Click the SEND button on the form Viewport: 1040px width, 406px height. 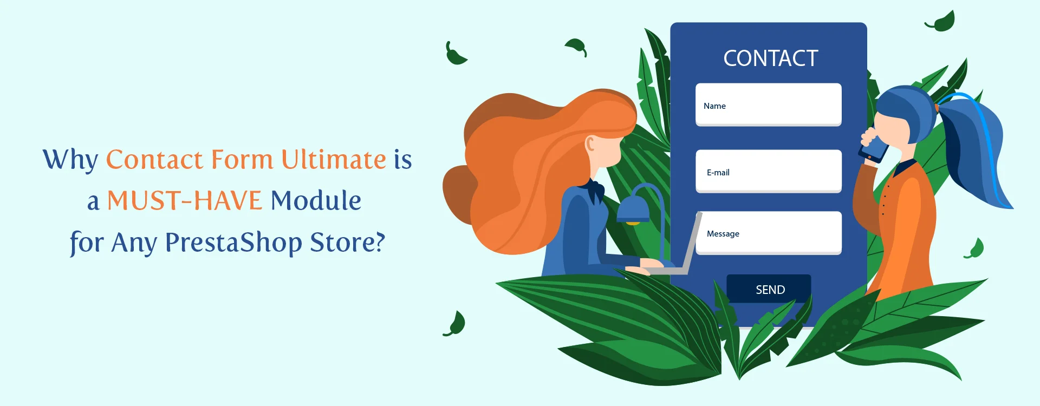tap(769, 289)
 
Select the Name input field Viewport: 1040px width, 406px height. tap(769, 104)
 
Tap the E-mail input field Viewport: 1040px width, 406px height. tap(769, 171)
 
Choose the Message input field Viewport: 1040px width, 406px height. tap(769, 233)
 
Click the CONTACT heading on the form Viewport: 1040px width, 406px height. tap(771, 58)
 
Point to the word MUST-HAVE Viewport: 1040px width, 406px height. tap(185, 200)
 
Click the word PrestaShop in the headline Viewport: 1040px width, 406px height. tap(233, 242)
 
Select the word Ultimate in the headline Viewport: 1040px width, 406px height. tap(334, 159)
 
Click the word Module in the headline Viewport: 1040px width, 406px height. tap(316, 200)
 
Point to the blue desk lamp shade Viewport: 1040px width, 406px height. tap(633, 209)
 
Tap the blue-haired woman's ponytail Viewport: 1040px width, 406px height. tap(975, 152)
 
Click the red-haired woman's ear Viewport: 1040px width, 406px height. tap(590, 144)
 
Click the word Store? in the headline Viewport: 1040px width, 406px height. tap(347, 242)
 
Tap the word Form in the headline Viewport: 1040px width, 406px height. tap(242, 159)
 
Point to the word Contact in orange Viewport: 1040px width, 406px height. tap(154, 160)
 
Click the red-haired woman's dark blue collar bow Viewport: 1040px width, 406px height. tap(595, 190)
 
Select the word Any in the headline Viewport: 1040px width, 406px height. tap(134, 243)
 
